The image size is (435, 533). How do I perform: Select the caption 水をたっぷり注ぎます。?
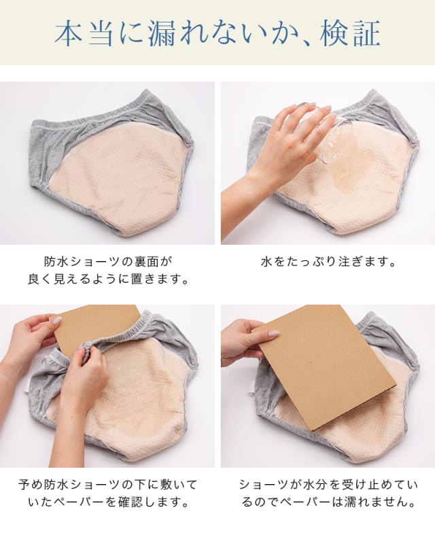tap(328, 262)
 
